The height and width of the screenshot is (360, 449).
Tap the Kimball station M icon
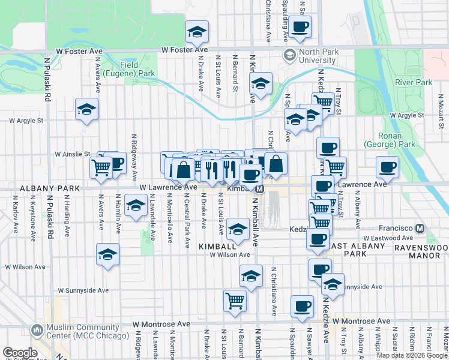tap(259, 189)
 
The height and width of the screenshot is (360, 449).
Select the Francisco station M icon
tap(420, 228)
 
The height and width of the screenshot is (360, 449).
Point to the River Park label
tap(414, 82)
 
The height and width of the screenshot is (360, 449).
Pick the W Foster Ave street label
tap(80, 52)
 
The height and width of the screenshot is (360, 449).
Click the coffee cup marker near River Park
tap(387, 167)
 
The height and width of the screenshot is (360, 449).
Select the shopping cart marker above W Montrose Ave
tap(235, 300)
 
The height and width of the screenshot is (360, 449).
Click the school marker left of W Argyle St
tap(86, 110)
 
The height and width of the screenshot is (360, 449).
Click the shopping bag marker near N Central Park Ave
tap(184, 170)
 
